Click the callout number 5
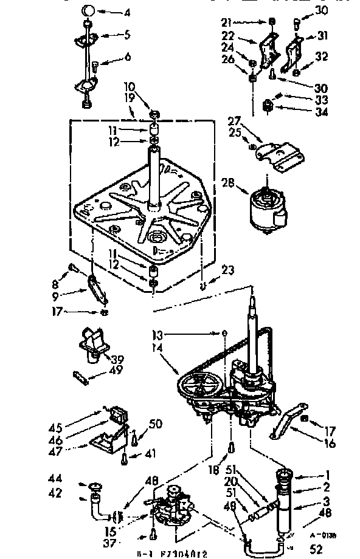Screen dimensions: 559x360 pos(127,36)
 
